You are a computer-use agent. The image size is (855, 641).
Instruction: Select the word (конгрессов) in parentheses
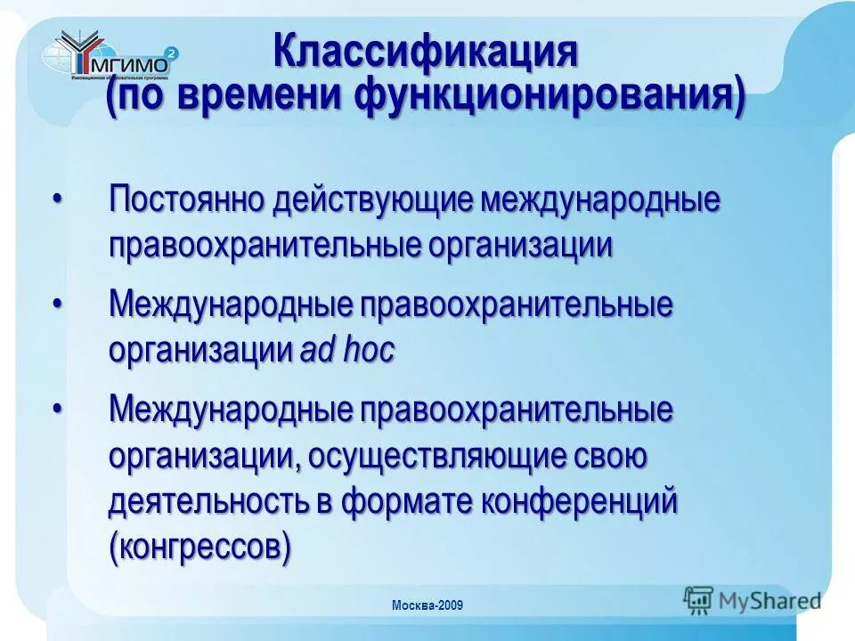tap(199, 546)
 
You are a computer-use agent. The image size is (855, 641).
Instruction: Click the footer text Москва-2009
tap(427, 606)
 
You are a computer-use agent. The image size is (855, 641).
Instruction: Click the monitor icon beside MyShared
tap(699, 599)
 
